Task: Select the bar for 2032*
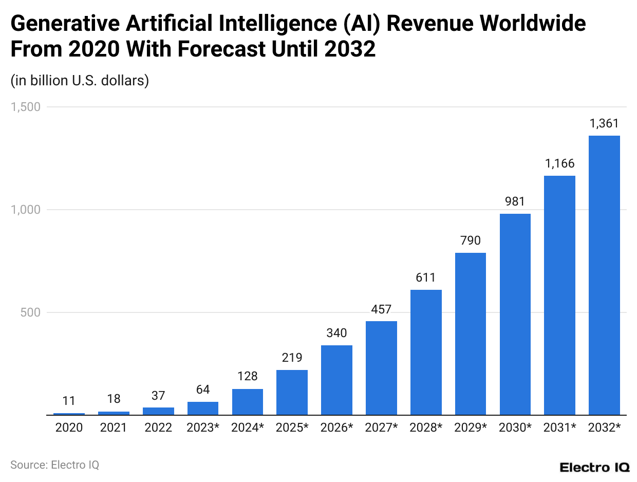click(x=604, y=275)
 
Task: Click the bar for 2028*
click(x=426, y=352)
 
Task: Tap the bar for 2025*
click(x=292, y=392)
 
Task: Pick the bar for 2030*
click(x=515, y=314)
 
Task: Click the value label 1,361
click(x=604, y=123)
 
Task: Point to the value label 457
click(x=381, y=309)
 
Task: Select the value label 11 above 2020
click(x=69, y=401)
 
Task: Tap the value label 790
click(x=471, y=240)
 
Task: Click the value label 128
click(x=248, y=377)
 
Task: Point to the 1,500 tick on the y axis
click(x=26, y=107)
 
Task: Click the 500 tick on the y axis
click(x=31, y=312)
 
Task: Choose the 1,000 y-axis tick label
click(x=26, y=210)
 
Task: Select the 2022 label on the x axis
click(x=158, y=428)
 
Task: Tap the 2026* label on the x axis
click(x=336, y=428)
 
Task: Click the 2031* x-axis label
click(x=559, y=428)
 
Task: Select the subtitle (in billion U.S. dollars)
click(x=80, y=81)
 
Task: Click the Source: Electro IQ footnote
click(x=54, y=465)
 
